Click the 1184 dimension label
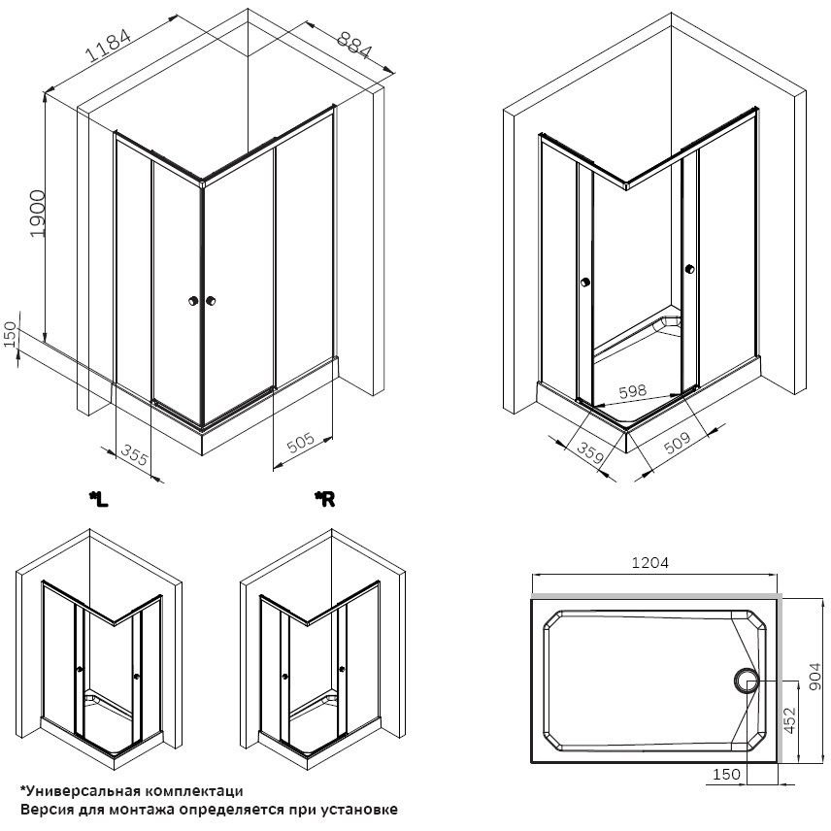click(x=108, y=46)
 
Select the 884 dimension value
click(x=354, y=45)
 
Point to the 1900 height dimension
click(x=38, y=214)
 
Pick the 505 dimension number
click(x=301, y=443)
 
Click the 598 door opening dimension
click(x=633, y=391)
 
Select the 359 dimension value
click(x=590, y=452)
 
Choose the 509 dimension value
click(x=678, y=443)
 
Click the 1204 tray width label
click(x=650, y=562)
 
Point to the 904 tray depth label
click(x=817, y=677)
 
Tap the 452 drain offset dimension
click(x=789, y=719)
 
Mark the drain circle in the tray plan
click(x=747, y=681)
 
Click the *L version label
click(x=99, y=499)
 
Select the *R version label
click(x=324, y=499)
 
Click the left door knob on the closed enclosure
click(x=193, y=301)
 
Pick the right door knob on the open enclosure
click(x=689, y=269)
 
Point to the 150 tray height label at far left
click(x=10, y=334)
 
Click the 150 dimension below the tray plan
click(x=726, y=775)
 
